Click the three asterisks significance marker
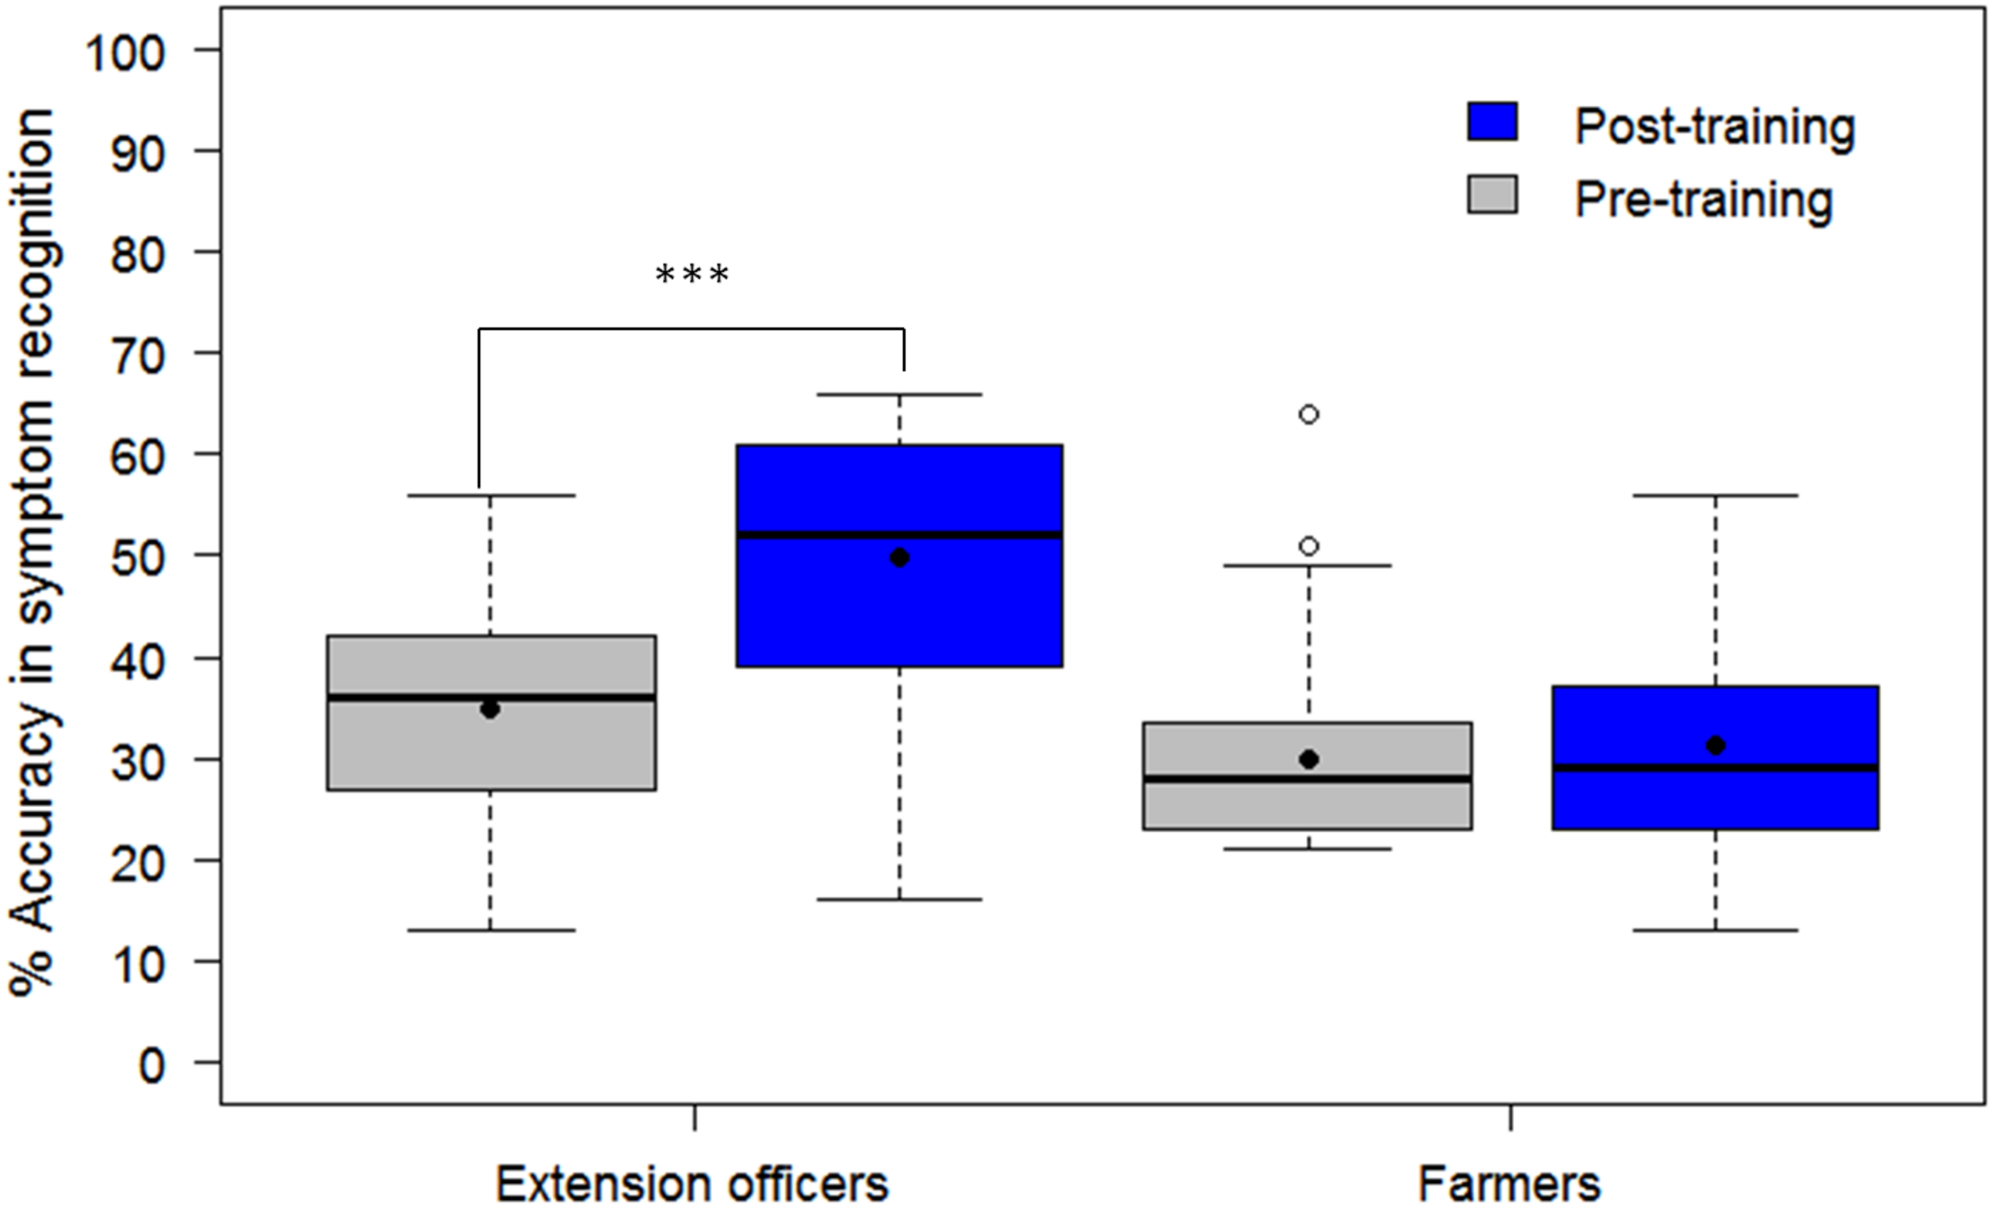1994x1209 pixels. click(692, 274)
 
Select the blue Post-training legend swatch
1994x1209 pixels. click(1492, 121)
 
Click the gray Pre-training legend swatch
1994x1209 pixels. click(1492, 194)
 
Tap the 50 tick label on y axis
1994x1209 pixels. click(137, 558)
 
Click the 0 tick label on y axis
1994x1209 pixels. click(151, 1065)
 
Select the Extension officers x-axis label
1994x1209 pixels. click(692, 1182)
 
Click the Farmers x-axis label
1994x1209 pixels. click(1509, 1182)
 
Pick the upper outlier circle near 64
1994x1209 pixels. click(1309, 415)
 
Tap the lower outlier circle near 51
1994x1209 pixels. click(1309, 546)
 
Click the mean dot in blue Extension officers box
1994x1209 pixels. click(899, 558)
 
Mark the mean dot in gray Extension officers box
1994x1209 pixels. click(490, 709)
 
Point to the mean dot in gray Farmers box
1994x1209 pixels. click(1309, 759)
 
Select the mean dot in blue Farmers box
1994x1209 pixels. click(1715, 745)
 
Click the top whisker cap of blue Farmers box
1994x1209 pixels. click(1715, 495)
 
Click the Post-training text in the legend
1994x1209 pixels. click(1714, 126)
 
